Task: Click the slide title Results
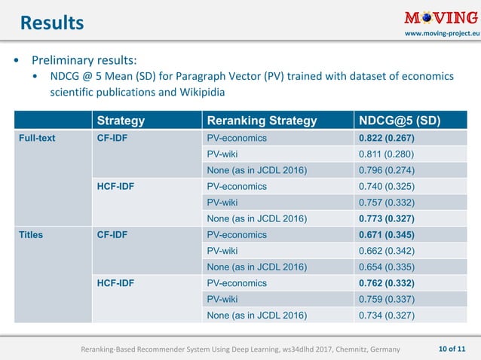[x=51, y=23]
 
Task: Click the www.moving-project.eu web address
[x=441, y=35]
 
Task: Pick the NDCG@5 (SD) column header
[x=399, y=121]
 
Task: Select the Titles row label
[x=32, y=234]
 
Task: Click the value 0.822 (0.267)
[x=387, y=139]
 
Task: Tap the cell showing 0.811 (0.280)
[x=387, y=154]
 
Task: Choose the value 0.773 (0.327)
[x=387, y=218]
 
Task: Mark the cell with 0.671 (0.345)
[x=387, y=234]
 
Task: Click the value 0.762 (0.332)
[x=387, y=283]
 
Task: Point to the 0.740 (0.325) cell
[x=387, y=186]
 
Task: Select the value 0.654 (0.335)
[x=387, y=267]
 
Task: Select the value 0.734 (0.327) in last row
[x=387, y=315]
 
